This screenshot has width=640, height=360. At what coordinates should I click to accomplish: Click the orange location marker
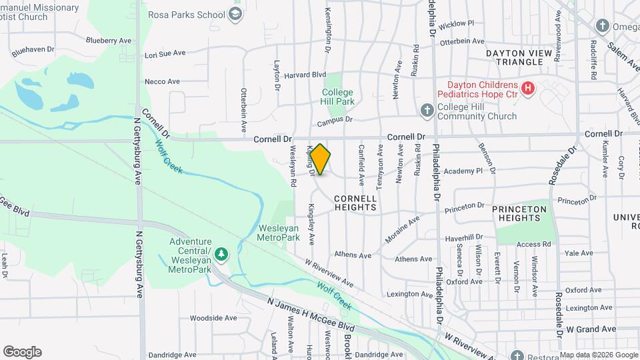320,159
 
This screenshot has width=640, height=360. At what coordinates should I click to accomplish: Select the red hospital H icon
528,88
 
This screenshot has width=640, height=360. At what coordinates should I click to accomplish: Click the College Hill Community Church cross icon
427,110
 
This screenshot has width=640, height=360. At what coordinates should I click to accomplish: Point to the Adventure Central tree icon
221,254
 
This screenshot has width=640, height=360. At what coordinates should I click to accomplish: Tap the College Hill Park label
337,97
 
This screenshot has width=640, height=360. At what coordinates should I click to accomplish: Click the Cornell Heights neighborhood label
355,203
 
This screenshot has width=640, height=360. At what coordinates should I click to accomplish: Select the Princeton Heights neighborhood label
519,213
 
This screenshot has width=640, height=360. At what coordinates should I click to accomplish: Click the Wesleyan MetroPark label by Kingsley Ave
279,232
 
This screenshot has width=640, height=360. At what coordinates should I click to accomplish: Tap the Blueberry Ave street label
109,40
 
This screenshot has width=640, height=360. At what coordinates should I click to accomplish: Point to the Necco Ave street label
162,81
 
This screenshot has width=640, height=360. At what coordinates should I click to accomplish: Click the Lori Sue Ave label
165,54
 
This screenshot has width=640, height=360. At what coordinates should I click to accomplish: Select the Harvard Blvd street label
305,75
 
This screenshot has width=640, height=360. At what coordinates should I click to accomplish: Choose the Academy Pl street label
463,171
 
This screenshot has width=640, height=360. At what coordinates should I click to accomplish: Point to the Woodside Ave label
213,318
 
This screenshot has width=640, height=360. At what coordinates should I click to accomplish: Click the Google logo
22,352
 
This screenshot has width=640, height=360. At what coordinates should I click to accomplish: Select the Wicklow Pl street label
457,23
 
